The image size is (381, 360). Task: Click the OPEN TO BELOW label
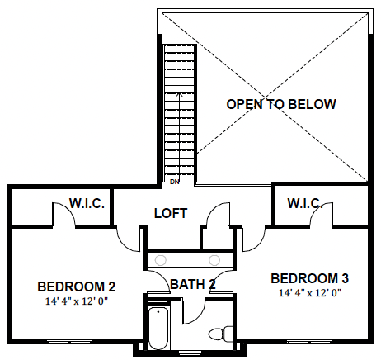tap(281, 104)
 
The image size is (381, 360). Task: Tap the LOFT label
tap(171, 213)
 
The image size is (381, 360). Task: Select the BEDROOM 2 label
tap(76, 287)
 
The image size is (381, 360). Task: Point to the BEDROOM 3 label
tap(309, 278)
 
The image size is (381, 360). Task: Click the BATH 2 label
tap(193, 284)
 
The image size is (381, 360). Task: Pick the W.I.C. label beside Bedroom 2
tap(87, 203)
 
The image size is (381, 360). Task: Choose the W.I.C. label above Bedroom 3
tap(305, 203)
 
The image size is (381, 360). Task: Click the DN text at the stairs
tap(174, 182)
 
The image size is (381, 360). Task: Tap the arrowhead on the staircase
tap(180, 94)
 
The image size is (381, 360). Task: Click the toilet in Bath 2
tap(220, 334)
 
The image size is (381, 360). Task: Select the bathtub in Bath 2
tap(158, 329)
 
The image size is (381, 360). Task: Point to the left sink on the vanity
tap(161, 260)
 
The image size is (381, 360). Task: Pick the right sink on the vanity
tap(214, 260)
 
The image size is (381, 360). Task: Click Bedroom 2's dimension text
tap(76, 301)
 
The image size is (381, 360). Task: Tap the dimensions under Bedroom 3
tap(310, 293)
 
